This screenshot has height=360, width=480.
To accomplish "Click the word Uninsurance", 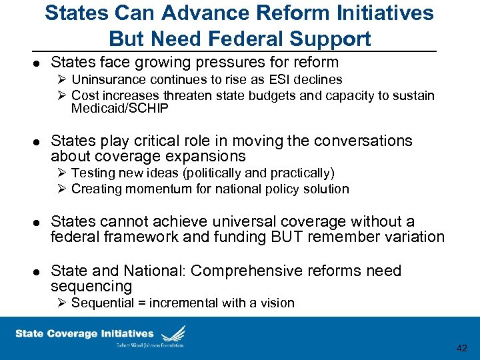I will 107,79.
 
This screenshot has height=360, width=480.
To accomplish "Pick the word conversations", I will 355,141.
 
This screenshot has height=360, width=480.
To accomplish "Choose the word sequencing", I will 91,287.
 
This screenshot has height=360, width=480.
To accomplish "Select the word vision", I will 277,303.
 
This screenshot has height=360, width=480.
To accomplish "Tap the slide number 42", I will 461,348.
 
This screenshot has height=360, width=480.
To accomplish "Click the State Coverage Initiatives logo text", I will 85,333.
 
